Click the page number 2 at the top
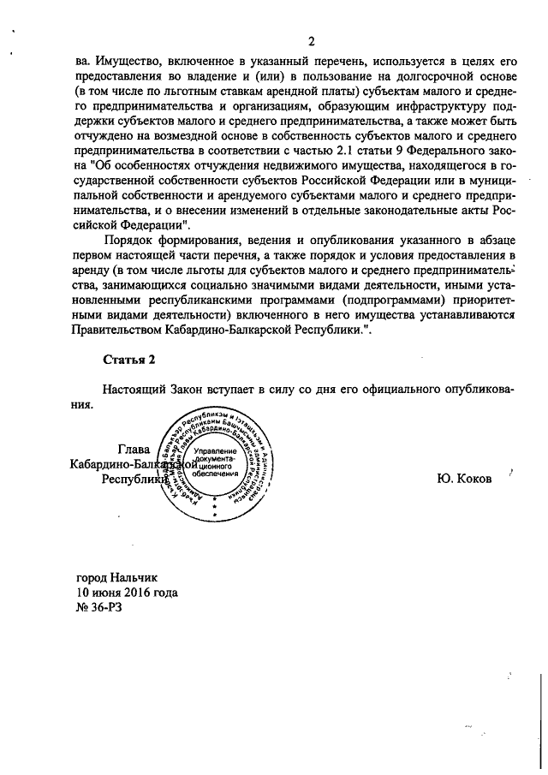313,42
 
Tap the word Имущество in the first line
127,62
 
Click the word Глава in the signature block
134,449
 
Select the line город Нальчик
117,578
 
